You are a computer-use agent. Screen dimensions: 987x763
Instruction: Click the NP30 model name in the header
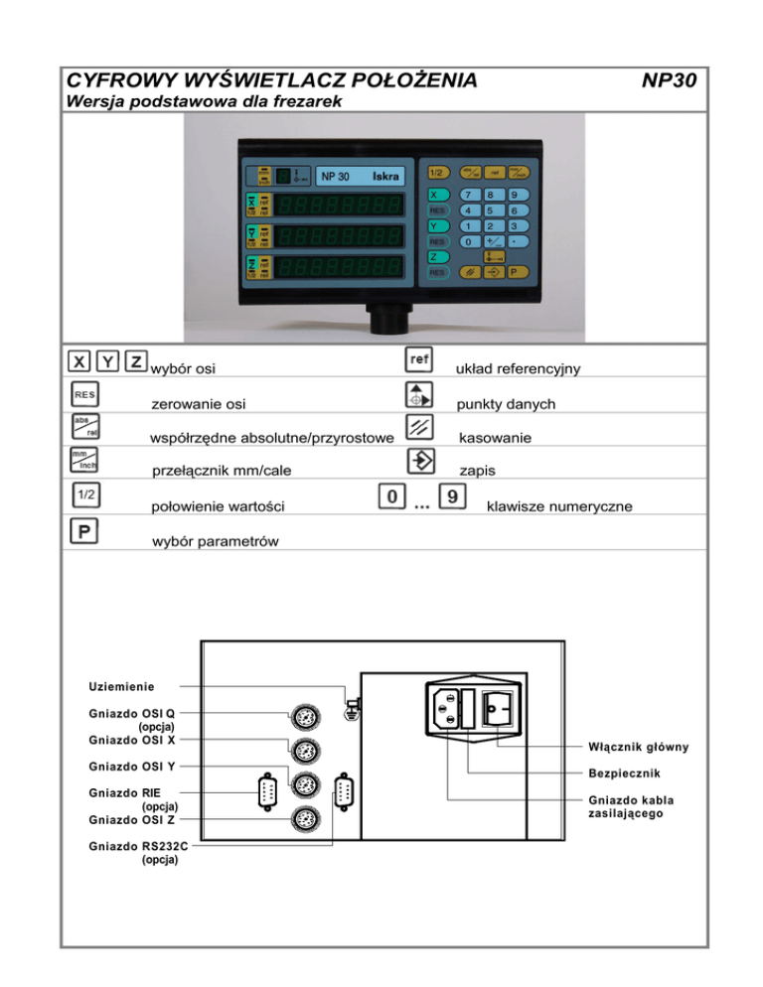click(x=669, y=78)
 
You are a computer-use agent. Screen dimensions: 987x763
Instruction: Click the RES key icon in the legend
click(x=82, y=396)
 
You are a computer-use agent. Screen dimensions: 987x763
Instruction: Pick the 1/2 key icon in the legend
click(x=83, y=493)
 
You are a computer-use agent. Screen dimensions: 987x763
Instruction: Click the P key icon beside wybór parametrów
click(x=83, y=530)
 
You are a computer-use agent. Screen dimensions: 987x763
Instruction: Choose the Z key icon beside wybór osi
click(x=137, y=361)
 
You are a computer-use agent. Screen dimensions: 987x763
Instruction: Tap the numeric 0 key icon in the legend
click(x=392, y=494)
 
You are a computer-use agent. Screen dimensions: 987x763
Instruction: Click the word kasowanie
click(x=495, y=438)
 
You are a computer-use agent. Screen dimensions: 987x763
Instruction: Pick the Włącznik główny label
click(x=638, y=746)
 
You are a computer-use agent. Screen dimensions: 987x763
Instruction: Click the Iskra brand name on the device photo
click(x=385, y=177)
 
